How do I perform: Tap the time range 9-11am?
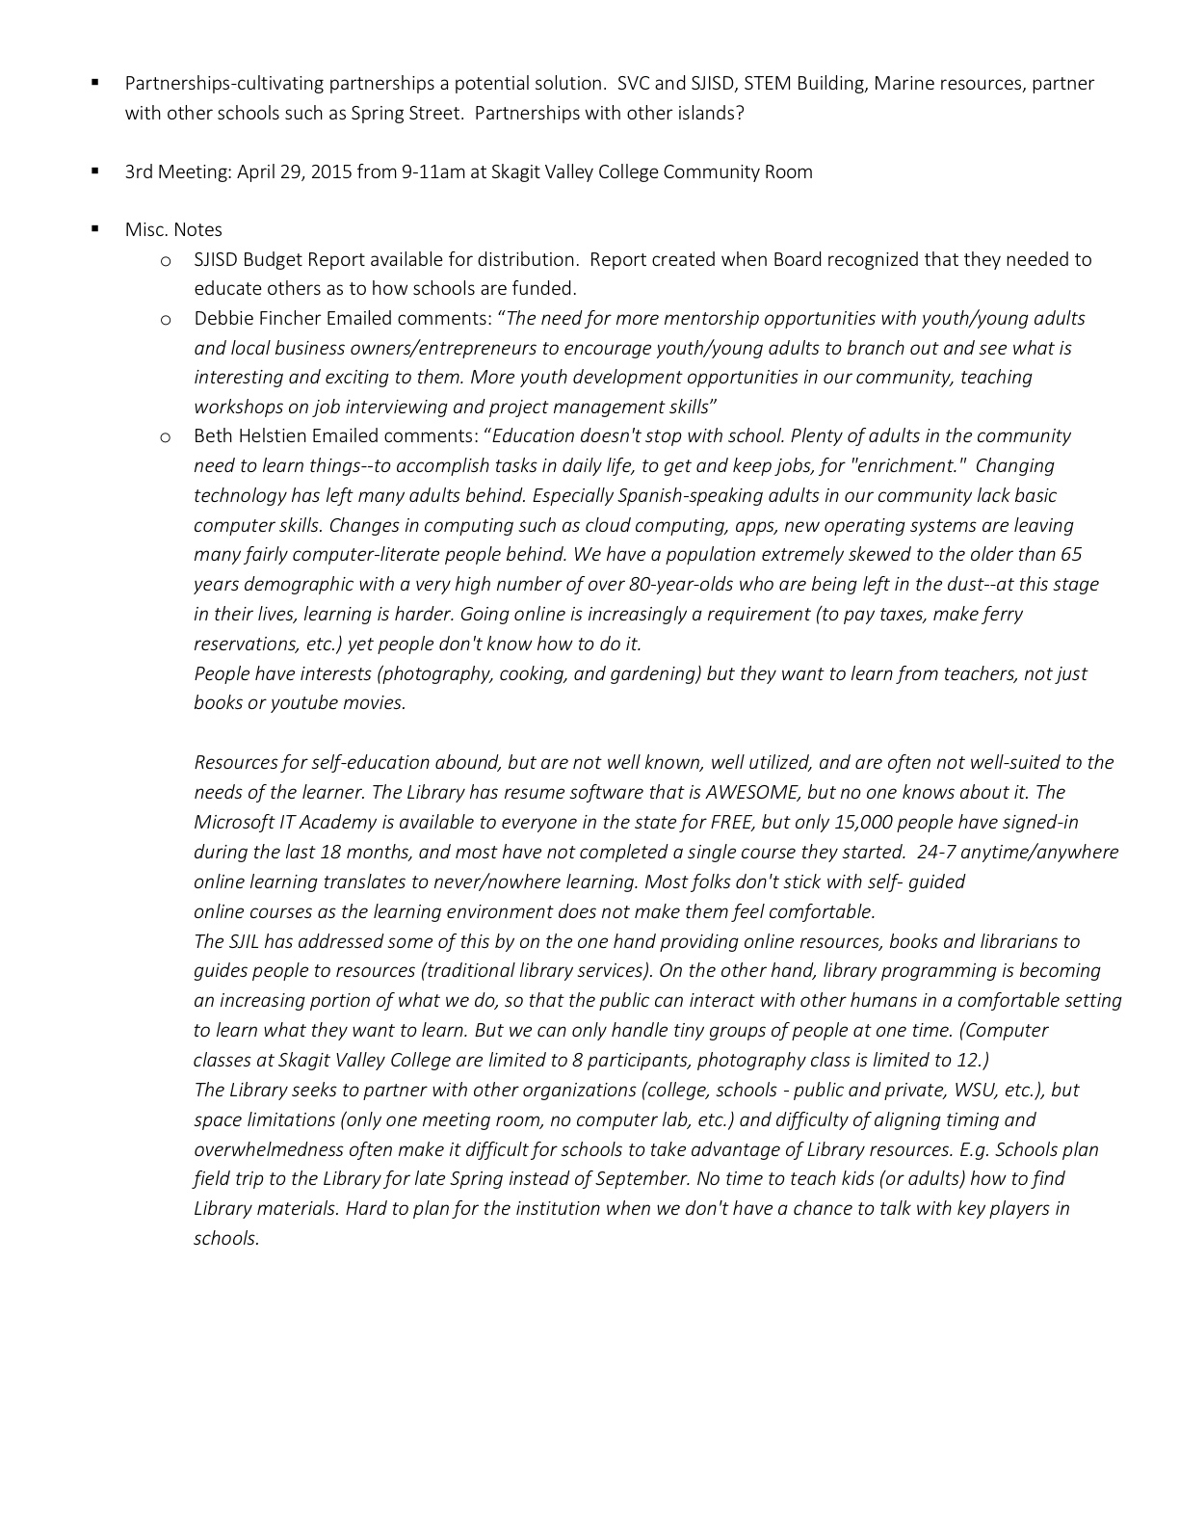click(432, 172)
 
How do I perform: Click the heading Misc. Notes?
click(173, 230)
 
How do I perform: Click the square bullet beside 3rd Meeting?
click(94, 171)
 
